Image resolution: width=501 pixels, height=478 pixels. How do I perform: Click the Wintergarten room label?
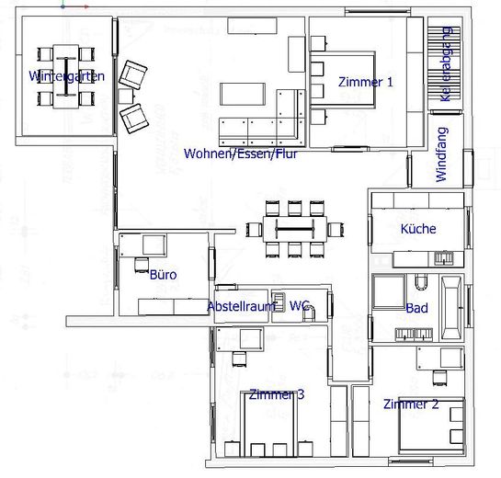coord(66,76)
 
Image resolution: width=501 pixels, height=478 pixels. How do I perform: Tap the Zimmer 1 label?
coord(365,82)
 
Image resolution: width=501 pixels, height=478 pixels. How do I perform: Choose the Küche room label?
coord(418,229)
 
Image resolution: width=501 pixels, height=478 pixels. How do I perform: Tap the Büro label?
coord(163,274)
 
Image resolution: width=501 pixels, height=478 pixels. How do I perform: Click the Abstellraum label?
coord(241,305)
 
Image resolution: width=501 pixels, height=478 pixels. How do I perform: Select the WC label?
coord(299,305)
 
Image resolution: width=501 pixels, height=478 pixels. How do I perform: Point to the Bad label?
coord(417,308)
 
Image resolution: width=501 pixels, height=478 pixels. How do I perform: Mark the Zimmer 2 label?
coord(410,404)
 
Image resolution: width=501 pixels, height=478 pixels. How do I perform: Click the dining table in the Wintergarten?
coord(66,69)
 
